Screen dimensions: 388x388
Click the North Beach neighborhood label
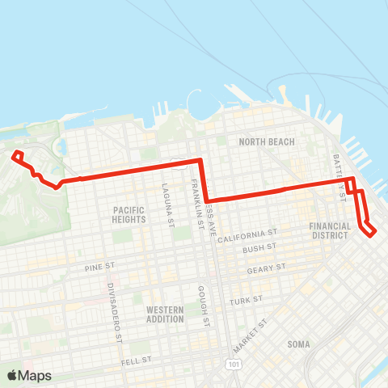(267, 142)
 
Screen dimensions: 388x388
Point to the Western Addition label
(166, 314)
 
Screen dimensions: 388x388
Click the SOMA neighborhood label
(298, 344)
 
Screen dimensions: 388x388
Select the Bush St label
(259, 249)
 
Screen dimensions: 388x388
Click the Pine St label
(101, 266)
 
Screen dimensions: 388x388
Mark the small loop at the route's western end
(18, 155)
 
